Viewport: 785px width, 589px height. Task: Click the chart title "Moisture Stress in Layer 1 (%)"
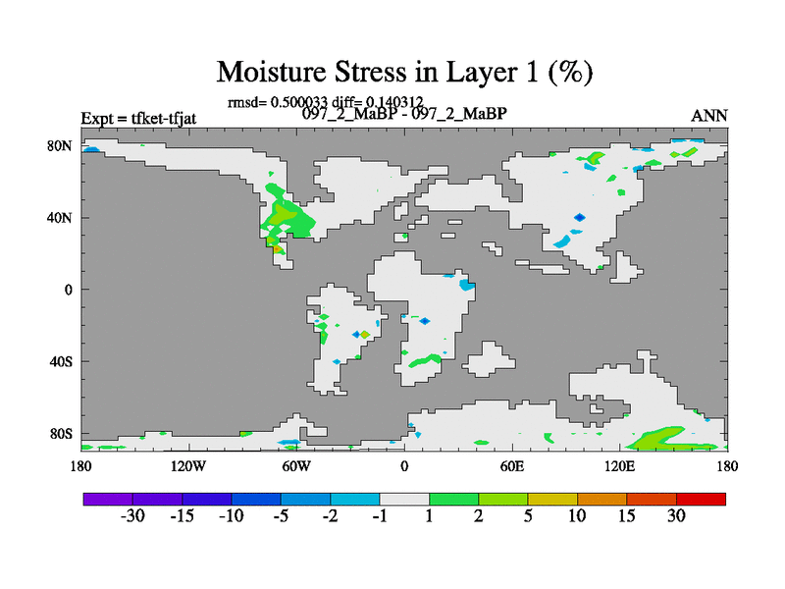(x=404, y=72)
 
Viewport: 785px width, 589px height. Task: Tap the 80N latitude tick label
(x=60, y=145)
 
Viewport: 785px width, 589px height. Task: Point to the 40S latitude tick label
(x=61, y=361)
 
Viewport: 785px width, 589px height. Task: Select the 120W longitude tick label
(x=188, y=466)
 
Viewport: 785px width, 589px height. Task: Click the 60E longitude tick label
(x=512, y=466)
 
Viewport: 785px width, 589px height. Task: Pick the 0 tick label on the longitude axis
(x=404, y=466)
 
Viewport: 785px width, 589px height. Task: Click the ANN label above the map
(x=708, y=116)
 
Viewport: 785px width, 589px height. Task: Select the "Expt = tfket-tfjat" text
(x=138, y=119)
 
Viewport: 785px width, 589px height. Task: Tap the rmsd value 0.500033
(x=299, y=102)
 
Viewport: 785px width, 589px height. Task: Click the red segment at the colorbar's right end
(x=701, y=499)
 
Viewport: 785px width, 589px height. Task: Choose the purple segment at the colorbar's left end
(x=108, y=499)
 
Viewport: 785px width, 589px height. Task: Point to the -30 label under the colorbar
(x=132, y=515)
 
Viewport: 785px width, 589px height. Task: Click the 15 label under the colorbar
(x=626, y=515)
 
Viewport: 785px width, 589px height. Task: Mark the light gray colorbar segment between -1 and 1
(x=404, y=499)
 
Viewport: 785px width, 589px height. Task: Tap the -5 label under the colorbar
(x=281, y=515)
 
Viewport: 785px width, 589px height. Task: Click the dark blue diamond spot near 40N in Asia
(x=579, y=217)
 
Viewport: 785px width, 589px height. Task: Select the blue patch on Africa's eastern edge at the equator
(x=467, y=285)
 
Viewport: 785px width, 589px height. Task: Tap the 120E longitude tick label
(x=620, y=466)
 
